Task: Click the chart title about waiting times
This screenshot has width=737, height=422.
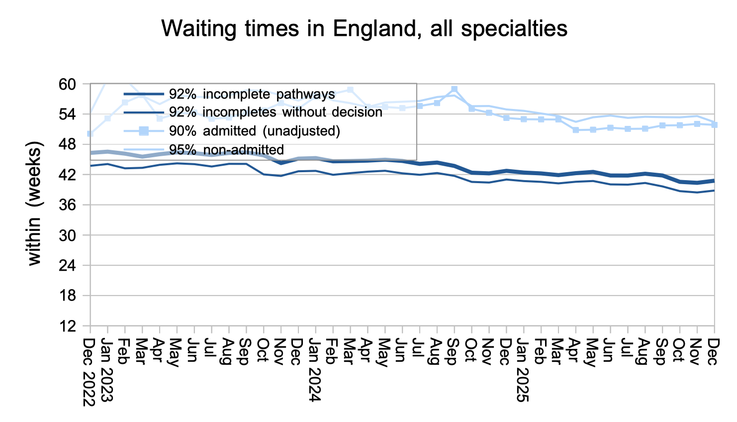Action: coord(364,29)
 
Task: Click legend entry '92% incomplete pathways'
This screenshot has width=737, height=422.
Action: coord(252,94)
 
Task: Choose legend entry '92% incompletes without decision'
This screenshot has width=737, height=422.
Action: coord(276,112)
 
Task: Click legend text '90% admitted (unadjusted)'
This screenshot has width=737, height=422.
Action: coord(254,131)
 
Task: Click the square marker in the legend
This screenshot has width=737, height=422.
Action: coord(143,131)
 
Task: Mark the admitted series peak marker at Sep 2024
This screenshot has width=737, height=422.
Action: coord(454,90)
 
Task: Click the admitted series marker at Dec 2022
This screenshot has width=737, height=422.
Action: coord(90,133)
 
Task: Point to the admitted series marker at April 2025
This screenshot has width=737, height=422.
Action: coord(575,130)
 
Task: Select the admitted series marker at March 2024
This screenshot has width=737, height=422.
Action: coord(350,90)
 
